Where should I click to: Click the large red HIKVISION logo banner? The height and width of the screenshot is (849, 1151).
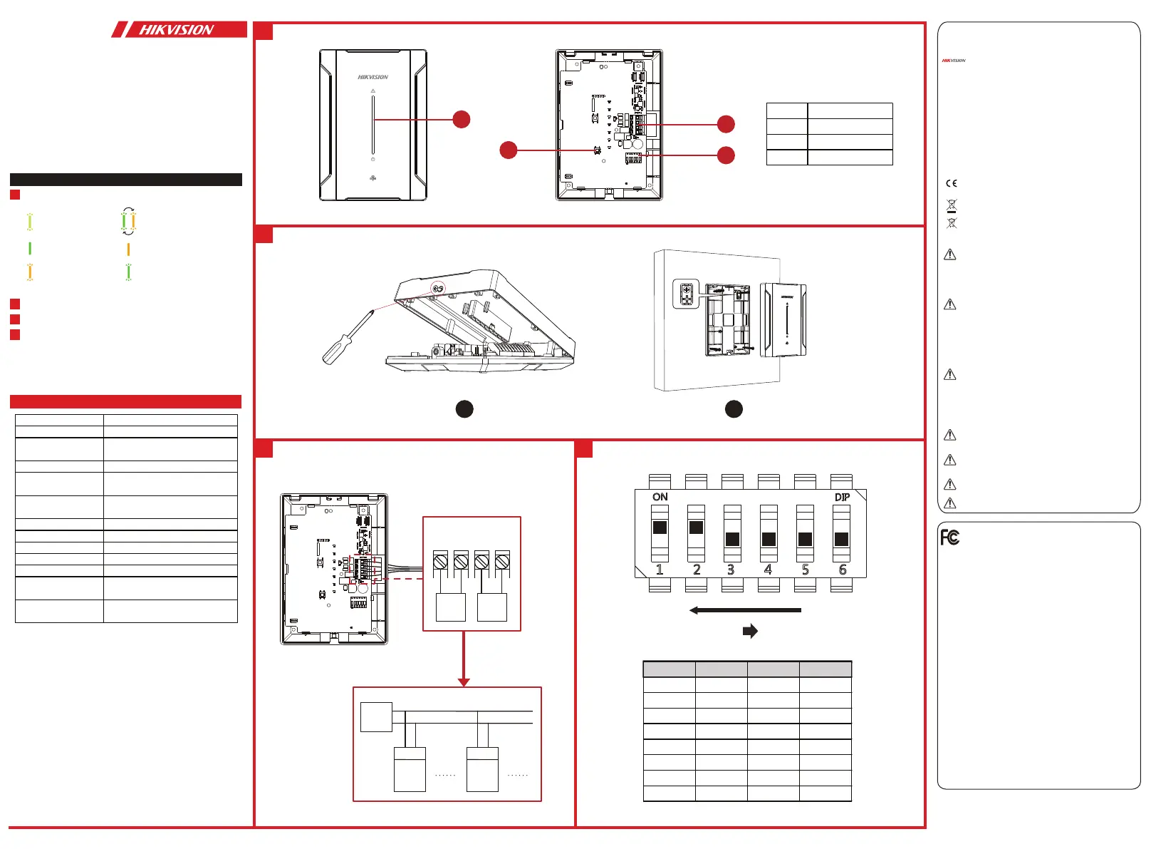coord(179,29)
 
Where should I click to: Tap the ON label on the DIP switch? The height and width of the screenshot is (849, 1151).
coord(660,498)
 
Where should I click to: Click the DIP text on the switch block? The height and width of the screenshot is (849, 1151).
coord(842,498)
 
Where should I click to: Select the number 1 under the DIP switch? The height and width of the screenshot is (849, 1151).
coord(660,570)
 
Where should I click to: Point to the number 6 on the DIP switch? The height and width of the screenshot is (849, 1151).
coord(842,570)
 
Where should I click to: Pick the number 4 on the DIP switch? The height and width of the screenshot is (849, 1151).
coord(769,570)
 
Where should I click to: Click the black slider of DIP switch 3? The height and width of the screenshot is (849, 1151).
coord(732,539)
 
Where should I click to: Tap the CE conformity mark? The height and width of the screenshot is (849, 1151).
coord(951,183)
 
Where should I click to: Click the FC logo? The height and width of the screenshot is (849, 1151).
coord(949,537)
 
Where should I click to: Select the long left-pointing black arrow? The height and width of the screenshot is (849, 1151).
coord(745,610)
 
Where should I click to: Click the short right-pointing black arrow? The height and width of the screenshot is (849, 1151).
coord(750,631)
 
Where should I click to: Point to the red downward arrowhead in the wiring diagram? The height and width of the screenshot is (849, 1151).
coord(464,682)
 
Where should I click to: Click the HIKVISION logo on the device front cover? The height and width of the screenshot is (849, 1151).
coord(373,77)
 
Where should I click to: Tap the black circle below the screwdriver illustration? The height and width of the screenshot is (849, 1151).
coord(464,409)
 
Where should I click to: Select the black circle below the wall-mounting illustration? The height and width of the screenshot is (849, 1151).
coord(734,409)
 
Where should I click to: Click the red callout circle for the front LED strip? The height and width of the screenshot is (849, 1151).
coord(462,119)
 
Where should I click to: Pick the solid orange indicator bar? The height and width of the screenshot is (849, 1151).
coord(128,249)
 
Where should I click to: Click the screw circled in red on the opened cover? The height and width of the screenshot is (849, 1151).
coord(438,289)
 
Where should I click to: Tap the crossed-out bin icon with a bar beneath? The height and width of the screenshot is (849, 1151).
coord(952,206)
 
